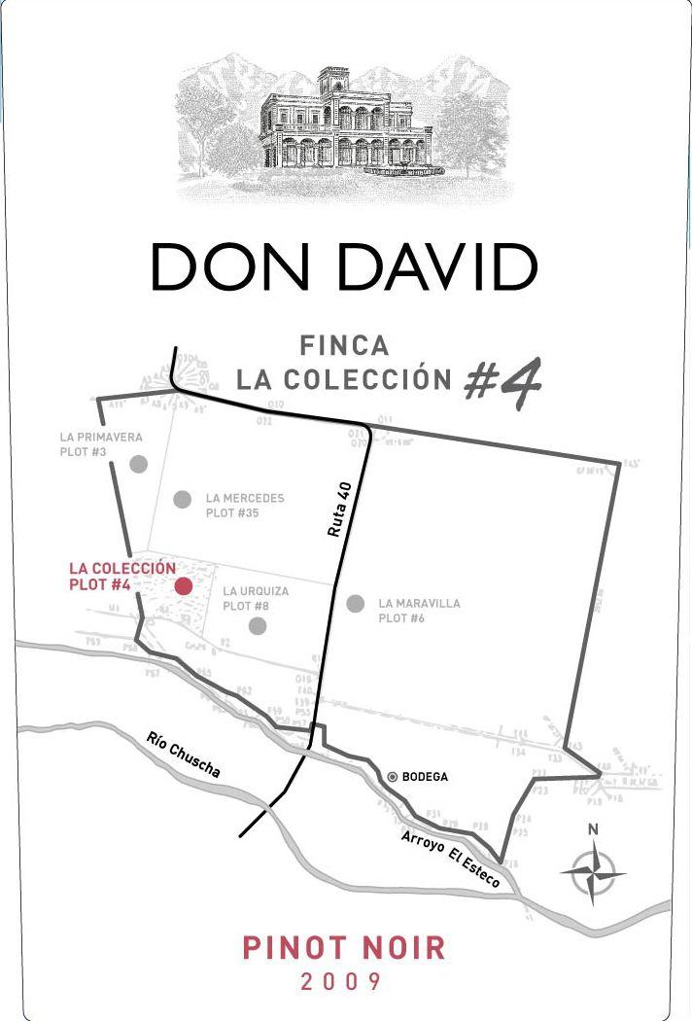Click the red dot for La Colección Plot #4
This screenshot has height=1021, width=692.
tap(183, 585)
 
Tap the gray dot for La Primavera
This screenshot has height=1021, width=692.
tap(138, 464)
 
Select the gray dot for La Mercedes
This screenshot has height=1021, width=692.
tap(182, 499)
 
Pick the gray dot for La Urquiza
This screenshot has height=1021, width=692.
tap(258, 625)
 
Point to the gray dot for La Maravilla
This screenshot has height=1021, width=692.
tap(356, 604)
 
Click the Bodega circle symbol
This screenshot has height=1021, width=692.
tap(393, 776)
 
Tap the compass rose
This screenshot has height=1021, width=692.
tap(593, 872)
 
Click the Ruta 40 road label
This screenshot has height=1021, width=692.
tap(338, 510)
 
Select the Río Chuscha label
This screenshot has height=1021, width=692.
tap(184, 755)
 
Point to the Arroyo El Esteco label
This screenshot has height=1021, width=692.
tap(450, 859)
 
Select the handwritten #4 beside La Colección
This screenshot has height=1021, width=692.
tap(502, 379)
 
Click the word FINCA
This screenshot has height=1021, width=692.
tap(344, 345)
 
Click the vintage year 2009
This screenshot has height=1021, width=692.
tap(341, 982)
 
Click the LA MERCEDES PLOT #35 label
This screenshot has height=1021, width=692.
tap(245, 506)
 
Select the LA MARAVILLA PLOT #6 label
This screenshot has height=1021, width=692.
tap(419, 611)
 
